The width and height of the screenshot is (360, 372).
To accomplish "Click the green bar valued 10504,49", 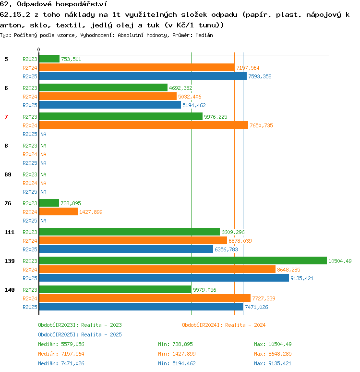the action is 183,260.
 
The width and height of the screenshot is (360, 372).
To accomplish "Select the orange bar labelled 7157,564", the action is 137,67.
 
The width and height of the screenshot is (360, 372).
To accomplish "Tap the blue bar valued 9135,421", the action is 164,278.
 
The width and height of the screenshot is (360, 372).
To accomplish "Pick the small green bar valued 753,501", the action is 49,59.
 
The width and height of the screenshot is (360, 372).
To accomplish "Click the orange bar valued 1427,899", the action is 59,211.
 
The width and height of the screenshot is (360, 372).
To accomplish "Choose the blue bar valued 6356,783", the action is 126,249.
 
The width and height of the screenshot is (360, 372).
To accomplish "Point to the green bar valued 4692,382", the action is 103,87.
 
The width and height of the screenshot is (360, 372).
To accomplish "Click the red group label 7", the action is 6,117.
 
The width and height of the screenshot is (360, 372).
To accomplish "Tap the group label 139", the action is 10,261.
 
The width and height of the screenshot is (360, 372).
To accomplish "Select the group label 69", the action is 8,174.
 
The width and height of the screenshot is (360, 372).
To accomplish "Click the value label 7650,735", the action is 261,125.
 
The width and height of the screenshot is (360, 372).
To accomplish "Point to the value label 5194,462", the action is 194,105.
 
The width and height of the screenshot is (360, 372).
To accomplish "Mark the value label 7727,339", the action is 264,298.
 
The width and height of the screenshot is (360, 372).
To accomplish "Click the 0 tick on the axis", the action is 38,50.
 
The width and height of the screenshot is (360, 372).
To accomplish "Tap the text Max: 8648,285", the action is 273,354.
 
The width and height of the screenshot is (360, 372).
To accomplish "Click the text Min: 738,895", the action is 175,344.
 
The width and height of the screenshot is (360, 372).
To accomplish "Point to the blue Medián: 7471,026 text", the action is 61,363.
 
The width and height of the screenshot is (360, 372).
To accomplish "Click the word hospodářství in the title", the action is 81,4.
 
